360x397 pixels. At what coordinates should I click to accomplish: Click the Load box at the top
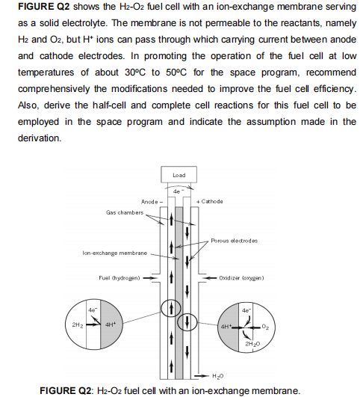point(179,176)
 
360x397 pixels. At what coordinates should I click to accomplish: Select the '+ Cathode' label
point(208,202)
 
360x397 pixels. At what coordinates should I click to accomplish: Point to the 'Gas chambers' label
point(123,212)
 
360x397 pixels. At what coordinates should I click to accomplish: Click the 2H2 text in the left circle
point(76,326)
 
